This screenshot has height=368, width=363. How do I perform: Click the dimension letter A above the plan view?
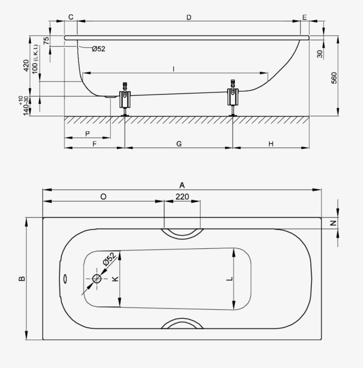pos(182,185)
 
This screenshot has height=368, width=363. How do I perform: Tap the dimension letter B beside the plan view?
pos(22,279)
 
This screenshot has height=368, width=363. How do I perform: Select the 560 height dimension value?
pos(334,78)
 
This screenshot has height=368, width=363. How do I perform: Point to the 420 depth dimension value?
pos(26,66)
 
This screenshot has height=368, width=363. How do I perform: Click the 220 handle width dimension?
pos(182,197)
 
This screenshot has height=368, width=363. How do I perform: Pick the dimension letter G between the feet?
pos(179,144)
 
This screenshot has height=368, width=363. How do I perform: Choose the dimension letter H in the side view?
pos(271,144)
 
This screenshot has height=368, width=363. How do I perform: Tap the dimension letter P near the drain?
pos(87,134)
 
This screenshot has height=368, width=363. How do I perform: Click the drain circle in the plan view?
pos(97,279)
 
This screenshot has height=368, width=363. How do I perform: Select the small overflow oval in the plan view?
pos(65,279)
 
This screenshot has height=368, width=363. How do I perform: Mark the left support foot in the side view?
pos(125,99)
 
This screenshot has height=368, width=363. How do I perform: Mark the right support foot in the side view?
pos(233,98)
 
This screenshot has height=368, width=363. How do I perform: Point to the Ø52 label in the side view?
pos(98,49)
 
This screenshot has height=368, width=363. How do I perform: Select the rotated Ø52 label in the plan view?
pos(110,259)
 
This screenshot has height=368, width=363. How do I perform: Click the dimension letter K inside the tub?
pos(115,279)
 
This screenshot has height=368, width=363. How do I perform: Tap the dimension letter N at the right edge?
pos(333,223)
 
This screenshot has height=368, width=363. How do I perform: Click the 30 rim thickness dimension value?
pos(320,54)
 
